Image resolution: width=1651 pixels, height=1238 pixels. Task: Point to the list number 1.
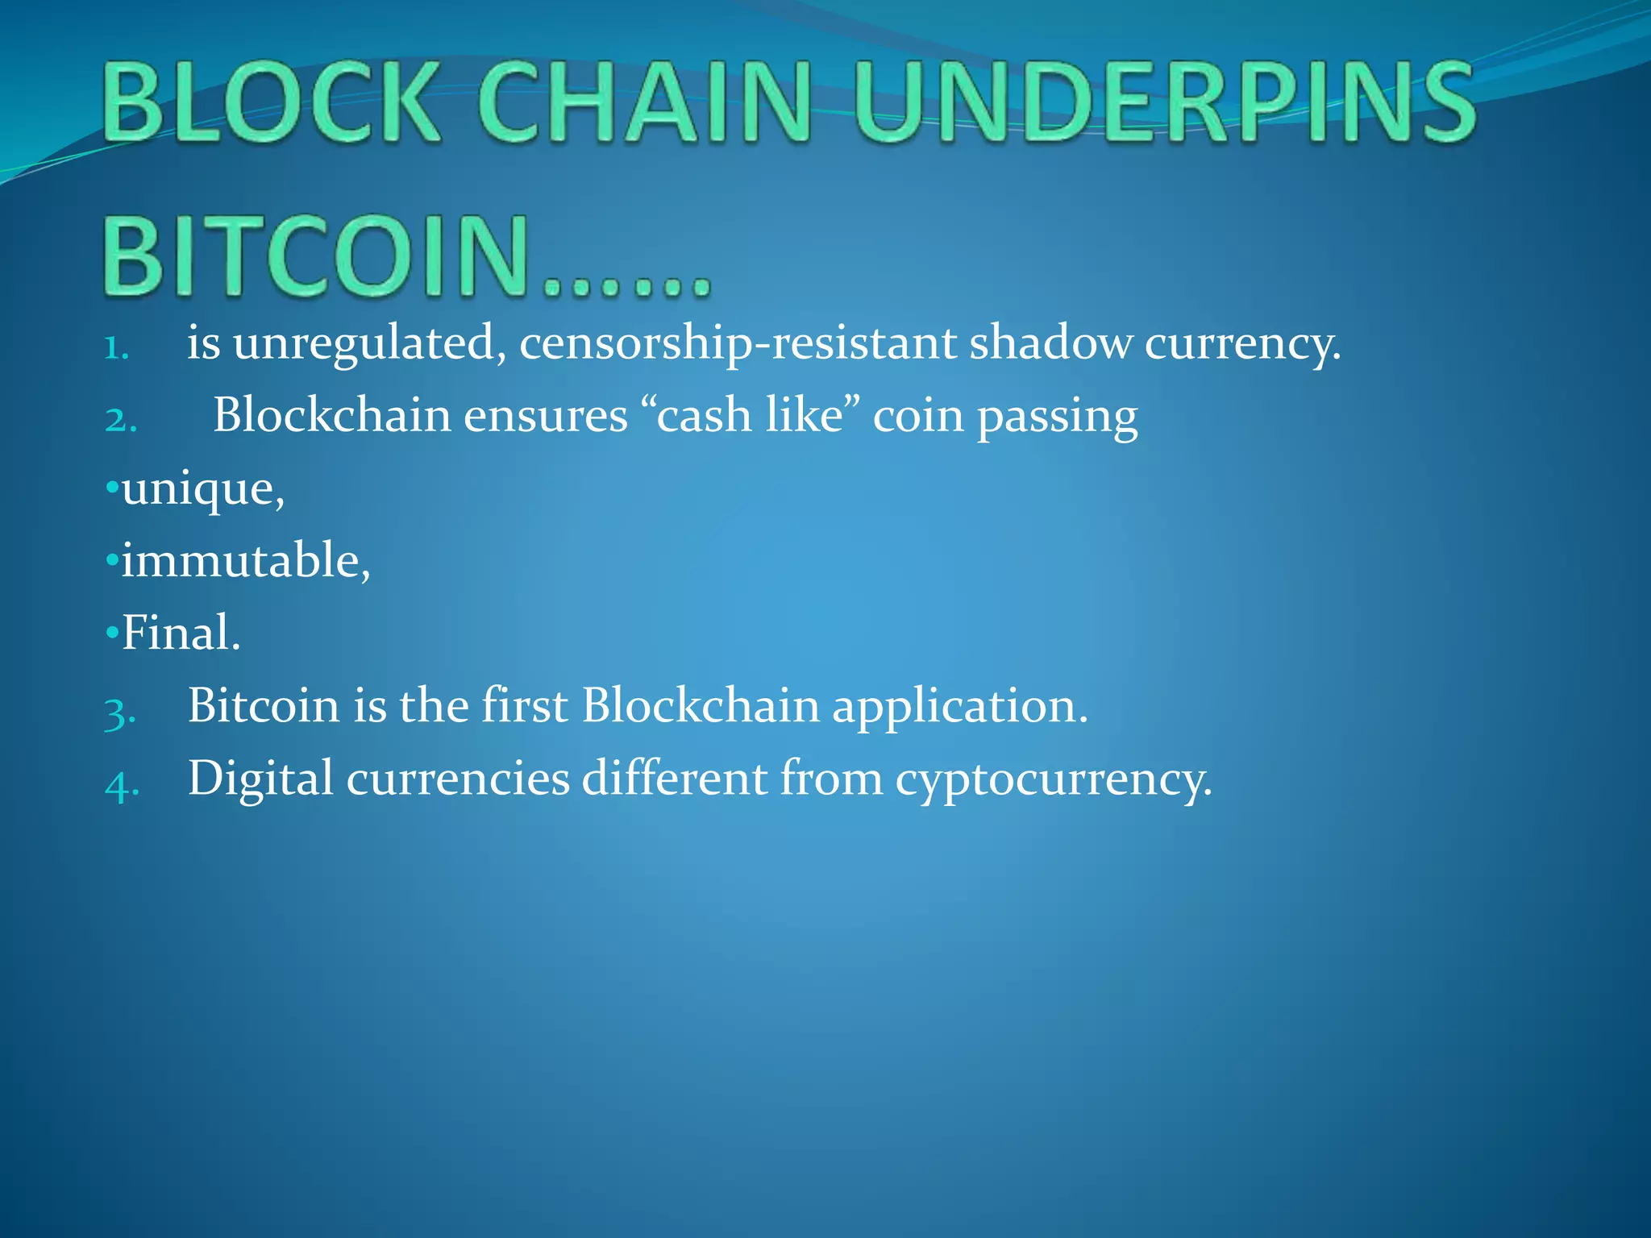[x=117, y=347]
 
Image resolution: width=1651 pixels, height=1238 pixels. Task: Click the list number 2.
[x=121, y=420]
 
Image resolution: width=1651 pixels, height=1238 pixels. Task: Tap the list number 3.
[x=119, y=711]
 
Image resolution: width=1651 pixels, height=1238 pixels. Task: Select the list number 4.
[x=122, y=783]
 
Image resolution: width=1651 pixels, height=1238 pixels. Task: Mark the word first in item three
[x=524, y=705]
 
